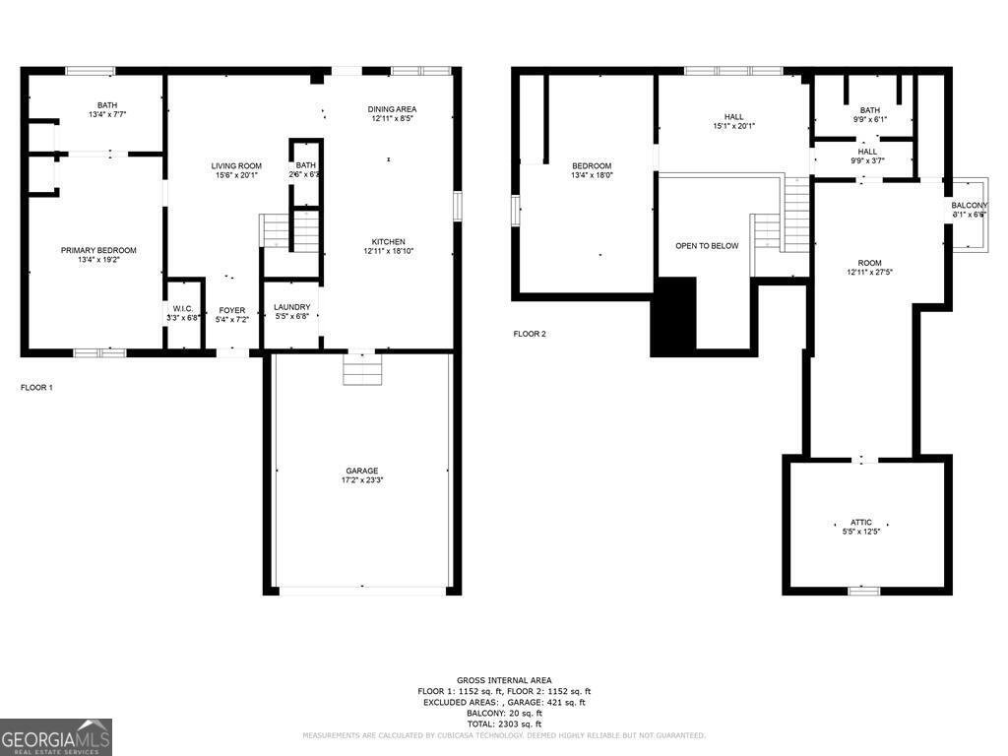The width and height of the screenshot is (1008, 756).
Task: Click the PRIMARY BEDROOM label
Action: point(98,250)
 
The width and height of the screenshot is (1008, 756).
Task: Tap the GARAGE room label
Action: point(361,471)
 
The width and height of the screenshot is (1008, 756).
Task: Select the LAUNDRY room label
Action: point(292,307)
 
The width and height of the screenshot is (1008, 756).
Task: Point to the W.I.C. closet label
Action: point(183,309)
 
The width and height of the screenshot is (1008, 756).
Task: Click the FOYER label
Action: point(232,310)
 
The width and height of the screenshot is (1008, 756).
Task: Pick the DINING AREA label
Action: point(392,109)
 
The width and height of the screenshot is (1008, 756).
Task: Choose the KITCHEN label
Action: point(388,241)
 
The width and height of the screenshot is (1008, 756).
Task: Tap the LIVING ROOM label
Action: point(236,165)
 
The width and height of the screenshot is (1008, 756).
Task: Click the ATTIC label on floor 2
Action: point(861,523)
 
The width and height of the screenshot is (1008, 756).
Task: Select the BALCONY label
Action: point(969,205)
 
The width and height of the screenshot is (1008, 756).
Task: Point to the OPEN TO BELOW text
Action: point(706,246)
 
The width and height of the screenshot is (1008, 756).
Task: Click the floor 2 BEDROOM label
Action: point(592,165)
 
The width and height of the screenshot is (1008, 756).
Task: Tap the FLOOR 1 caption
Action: point(36,388)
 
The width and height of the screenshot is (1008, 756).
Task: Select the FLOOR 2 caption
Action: point(530,334)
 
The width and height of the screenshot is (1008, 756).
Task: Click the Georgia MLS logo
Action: point(56,737)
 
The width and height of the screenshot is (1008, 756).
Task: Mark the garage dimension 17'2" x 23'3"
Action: point(361,480)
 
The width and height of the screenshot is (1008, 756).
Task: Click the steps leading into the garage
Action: point(361,370)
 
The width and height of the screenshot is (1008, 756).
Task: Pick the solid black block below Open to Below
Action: point(673,316)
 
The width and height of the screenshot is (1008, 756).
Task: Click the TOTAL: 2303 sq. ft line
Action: point(504,724)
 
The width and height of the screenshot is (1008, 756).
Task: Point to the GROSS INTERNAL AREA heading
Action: point(504,680)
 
